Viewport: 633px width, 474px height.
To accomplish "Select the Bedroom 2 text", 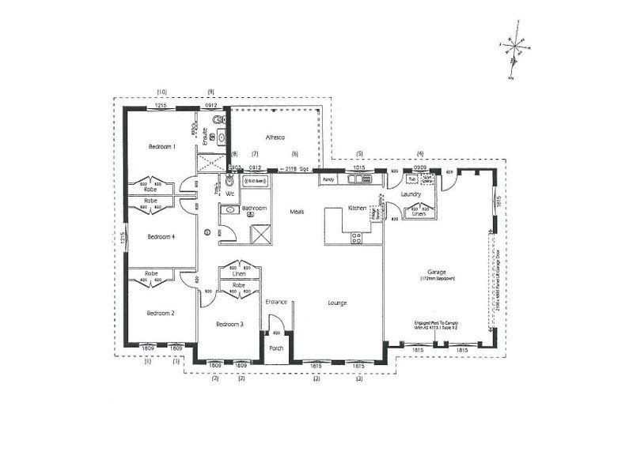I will point(161,313).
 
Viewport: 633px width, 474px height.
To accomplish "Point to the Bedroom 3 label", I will point(229,324).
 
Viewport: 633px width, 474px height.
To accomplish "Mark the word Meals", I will point(298,212).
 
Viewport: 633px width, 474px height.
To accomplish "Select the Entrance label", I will point(275,302).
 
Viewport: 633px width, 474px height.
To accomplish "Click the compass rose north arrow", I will point(516,49).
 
